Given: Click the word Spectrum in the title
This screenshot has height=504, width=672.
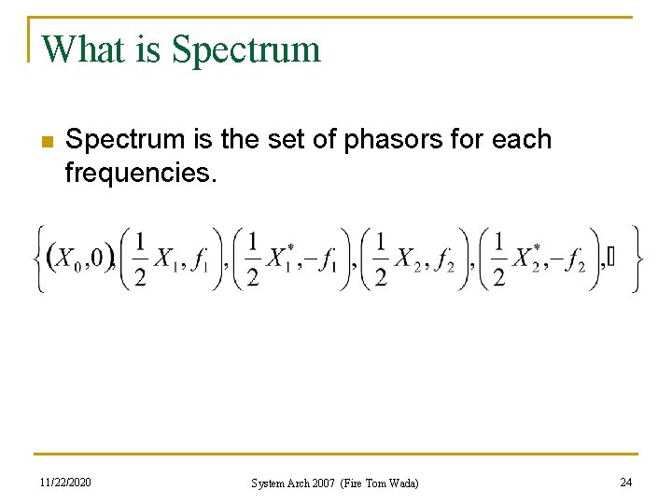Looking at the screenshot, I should click(x=247, y=49).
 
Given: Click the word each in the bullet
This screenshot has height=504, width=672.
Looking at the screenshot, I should click(x=520, y=140).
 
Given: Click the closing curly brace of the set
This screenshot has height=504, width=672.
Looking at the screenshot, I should click(x=635, y=259).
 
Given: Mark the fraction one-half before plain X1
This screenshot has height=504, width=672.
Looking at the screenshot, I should click(x=139, y=259).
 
